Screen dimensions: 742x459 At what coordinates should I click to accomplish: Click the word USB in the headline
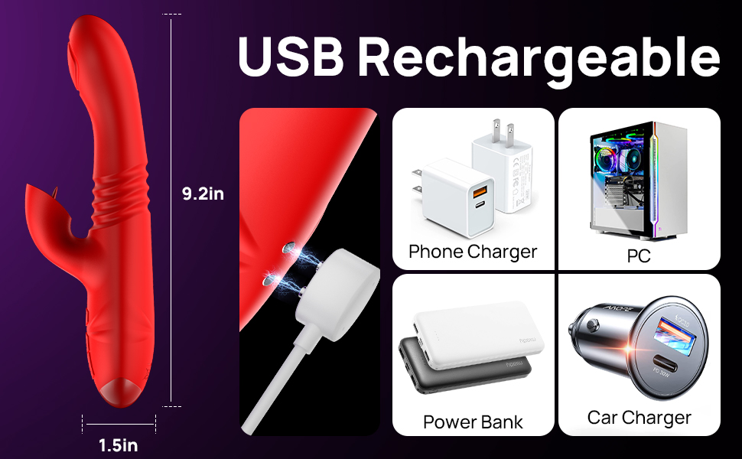291,56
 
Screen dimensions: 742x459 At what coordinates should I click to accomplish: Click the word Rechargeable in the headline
539,60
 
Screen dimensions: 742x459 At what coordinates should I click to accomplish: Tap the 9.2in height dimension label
203,194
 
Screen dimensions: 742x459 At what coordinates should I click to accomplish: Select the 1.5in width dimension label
119,445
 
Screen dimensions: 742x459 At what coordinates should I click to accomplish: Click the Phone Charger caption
473,252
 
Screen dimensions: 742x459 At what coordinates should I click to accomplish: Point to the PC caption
639,256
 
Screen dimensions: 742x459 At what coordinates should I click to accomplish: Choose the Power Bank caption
473,422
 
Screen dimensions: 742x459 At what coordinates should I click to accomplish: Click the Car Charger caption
639,418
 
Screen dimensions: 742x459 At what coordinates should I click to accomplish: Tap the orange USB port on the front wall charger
480,192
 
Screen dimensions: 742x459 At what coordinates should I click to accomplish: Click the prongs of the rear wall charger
503,132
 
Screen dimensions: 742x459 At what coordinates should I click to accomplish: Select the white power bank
478,335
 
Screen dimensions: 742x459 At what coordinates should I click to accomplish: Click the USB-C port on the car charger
666,365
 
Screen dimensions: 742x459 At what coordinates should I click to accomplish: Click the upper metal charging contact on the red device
288,248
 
